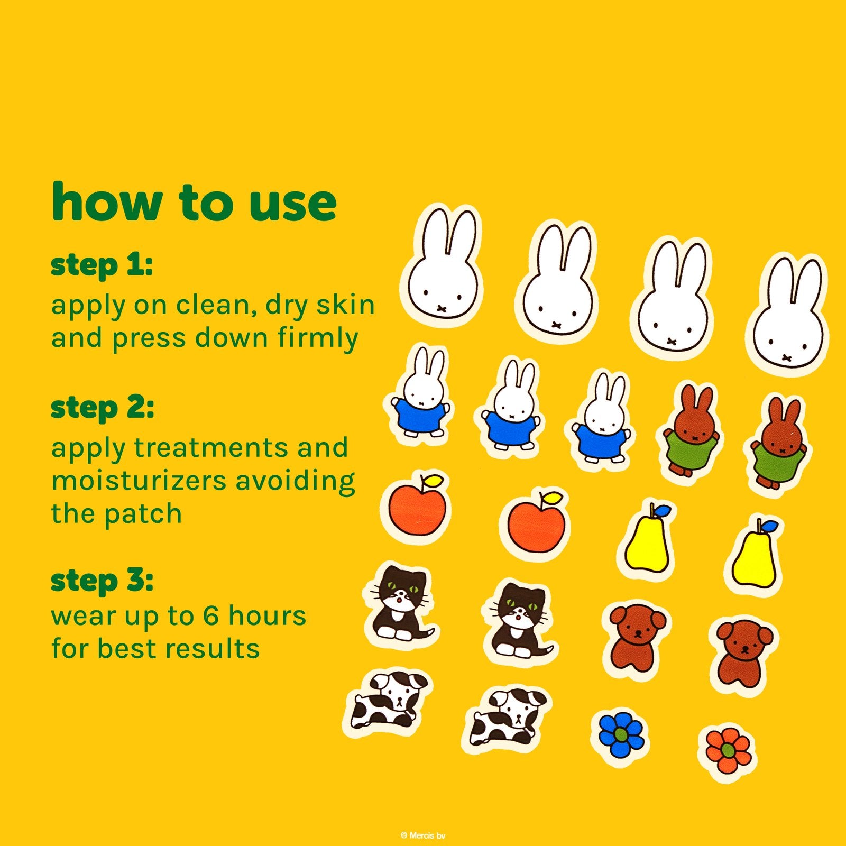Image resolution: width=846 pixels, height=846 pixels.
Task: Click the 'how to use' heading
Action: click(194, 202)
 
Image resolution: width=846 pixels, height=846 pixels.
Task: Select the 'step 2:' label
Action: click(102, 408)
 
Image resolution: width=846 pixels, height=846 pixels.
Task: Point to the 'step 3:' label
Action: click(102, 580)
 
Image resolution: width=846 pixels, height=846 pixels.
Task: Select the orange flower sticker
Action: click(727, 749)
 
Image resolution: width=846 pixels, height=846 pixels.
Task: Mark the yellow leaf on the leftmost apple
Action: click(434, 481)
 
